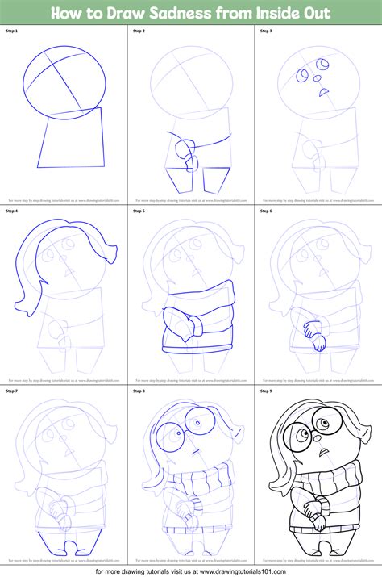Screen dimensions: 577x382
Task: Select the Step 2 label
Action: point(139,31)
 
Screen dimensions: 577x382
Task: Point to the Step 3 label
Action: point(266,31)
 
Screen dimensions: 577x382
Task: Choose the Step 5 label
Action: point(139,211)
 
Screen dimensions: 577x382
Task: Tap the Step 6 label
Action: point(266,211)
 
